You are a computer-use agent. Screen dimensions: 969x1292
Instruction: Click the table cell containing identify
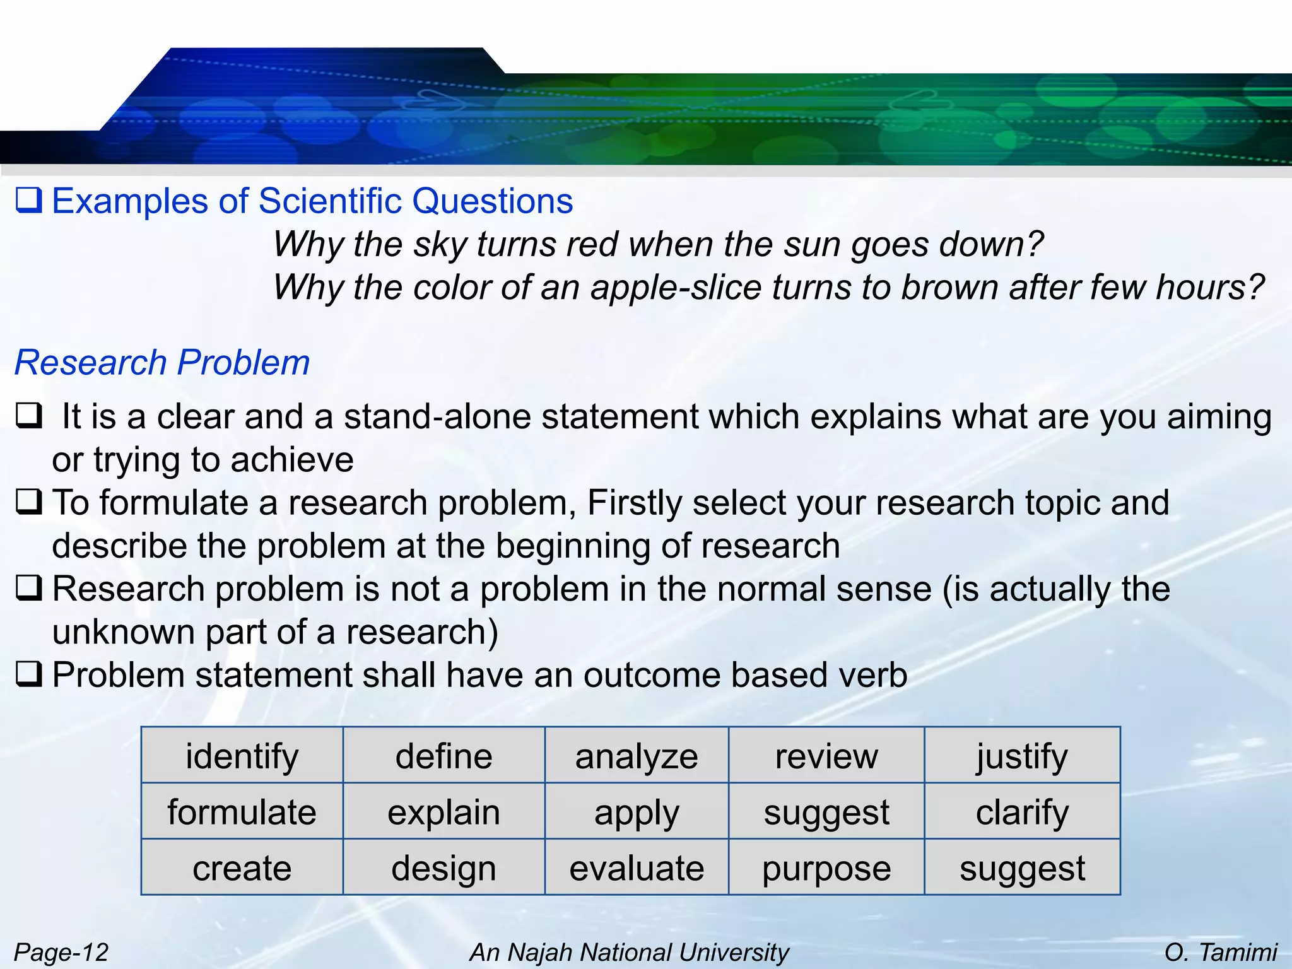tap(242, 756)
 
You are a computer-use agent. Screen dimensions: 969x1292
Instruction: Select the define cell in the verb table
tap(443, 756)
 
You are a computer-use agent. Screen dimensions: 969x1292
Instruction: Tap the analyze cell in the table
tap(636, 756)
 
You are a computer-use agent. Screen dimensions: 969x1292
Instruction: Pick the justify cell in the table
tap(1022, 756)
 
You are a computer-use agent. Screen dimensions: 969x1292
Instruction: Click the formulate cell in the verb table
tap(242, 812)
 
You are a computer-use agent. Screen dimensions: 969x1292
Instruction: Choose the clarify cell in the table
tap(1022, 812)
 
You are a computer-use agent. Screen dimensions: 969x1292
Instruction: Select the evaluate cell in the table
tap(636, 868)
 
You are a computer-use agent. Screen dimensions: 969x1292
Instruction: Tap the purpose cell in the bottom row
tap(826, 868)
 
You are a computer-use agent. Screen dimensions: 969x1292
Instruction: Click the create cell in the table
tap(242, 868)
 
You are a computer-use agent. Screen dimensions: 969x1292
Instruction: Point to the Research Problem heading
tap(162, 363)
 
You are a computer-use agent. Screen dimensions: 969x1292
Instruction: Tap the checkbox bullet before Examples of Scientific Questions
tap(28, 201)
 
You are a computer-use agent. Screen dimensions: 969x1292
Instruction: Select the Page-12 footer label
tap(61, 952)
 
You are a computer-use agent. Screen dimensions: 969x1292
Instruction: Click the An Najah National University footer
tap(629, 952)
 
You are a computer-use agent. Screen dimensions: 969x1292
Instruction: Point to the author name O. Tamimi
tap(1220, 952)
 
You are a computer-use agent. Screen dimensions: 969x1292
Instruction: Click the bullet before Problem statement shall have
tap(29, 674)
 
